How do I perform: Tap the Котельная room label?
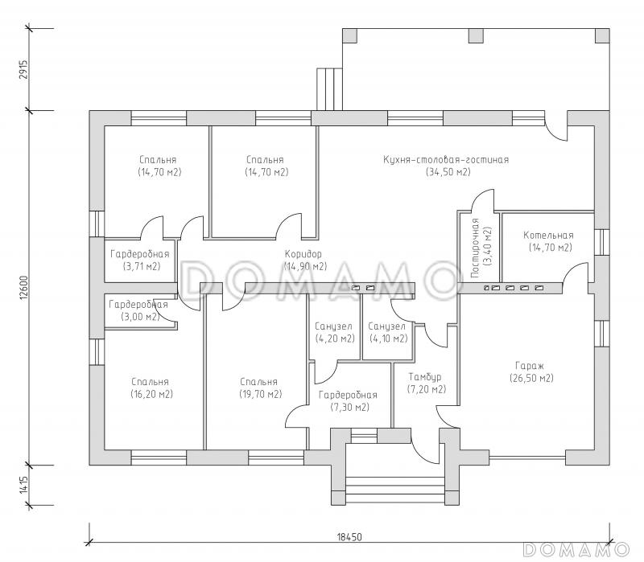tap(548, 235)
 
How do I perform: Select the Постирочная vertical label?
tap(475, 248)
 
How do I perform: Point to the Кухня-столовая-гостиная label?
tap(446, 159)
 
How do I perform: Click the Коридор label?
tap(303, 254)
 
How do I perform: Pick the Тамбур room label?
tap(425, 376)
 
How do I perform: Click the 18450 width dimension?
tap(349, 536)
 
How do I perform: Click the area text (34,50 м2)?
tap(448, 172)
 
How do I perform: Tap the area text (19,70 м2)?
tap(260, 394)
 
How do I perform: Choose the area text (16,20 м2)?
tap(151, 394)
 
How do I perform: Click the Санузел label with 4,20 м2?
tap(333, 326)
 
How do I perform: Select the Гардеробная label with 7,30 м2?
tap(348, 395)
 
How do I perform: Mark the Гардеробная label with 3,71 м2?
tap(139, 254)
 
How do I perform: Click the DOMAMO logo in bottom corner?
tap(576, 549)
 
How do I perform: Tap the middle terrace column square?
tap(476, 35)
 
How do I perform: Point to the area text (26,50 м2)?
tap(531, 378)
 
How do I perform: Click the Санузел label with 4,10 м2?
tap(386, 326)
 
